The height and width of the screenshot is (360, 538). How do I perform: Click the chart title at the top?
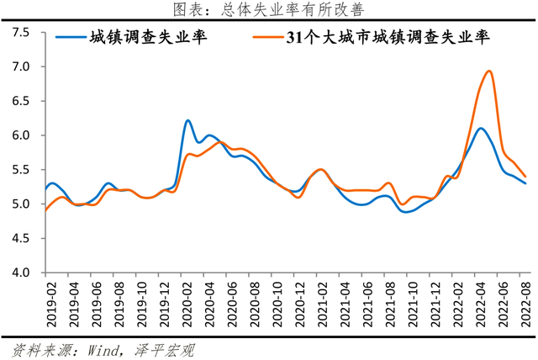269,10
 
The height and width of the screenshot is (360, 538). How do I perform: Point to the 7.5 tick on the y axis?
21,32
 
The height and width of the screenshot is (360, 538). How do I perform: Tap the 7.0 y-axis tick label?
21,66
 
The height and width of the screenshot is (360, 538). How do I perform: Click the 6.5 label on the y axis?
21,101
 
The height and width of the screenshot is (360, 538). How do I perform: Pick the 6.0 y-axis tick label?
21,135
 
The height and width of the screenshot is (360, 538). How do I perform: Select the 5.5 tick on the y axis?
21,170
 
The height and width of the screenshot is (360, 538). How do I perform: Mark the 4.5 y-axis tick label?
21,239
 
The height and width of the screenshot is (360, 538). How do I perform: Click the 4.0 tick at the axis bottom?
21,273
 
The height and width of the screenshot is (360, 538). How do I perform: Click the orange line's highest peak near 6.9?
489,71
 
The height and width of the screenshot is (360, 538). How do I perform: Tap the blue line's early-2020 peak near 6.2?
187,121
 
